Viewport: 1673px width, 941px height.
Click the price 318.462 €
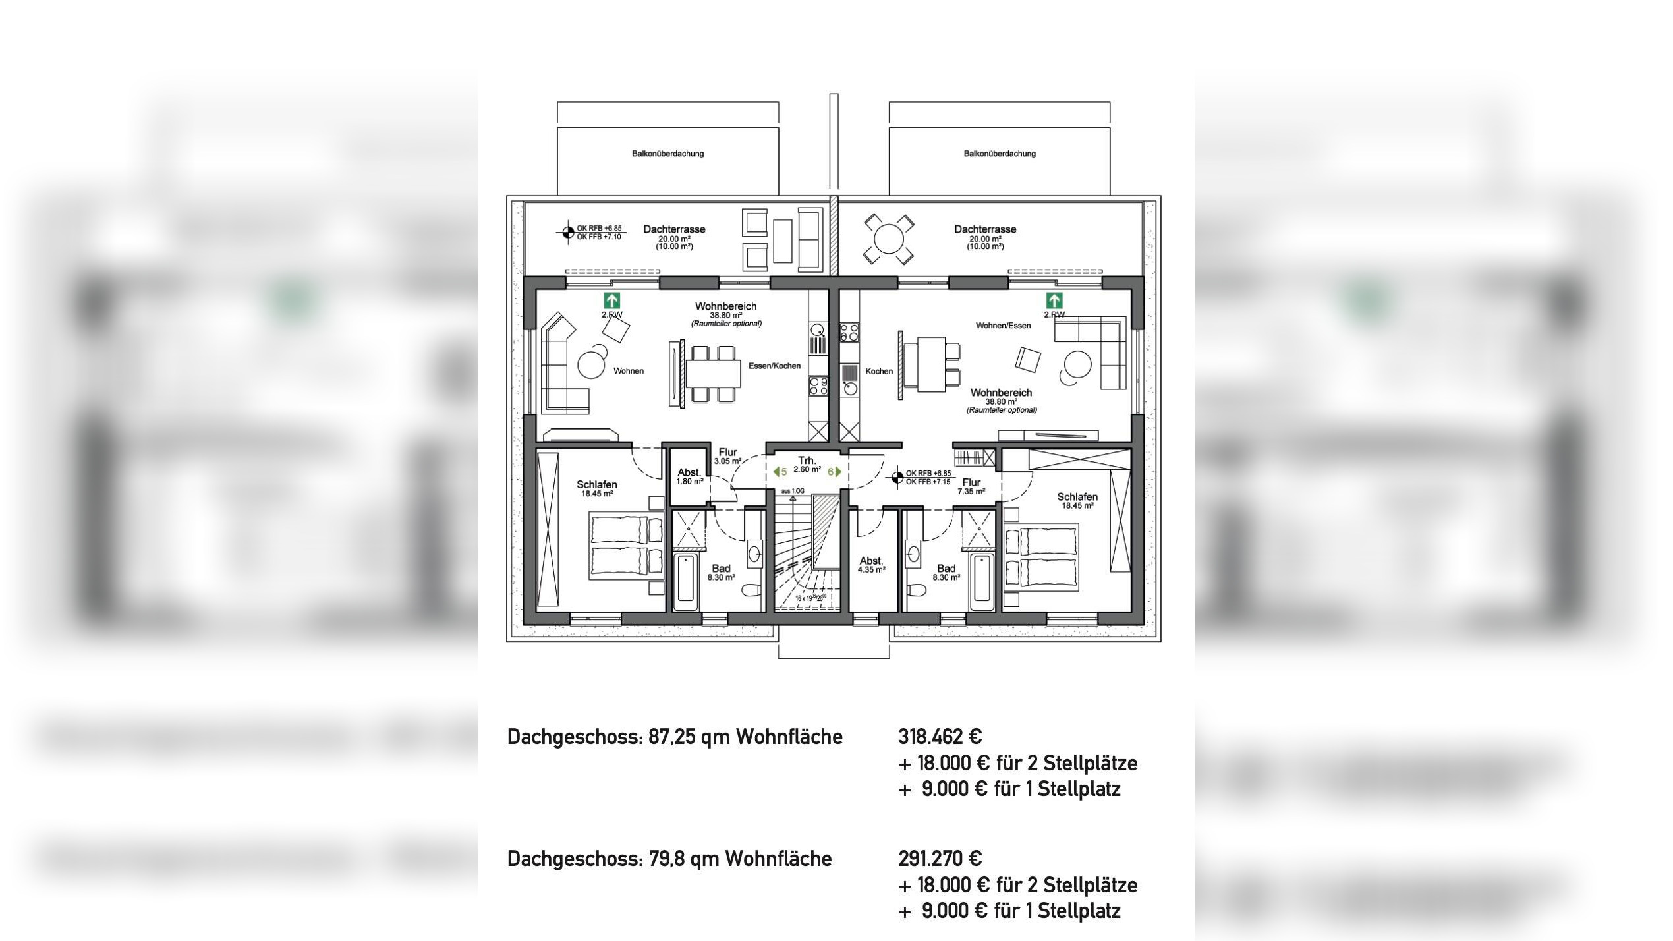tap(940, 737)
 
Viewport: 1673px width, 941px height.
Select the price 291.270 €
tap(940, 859)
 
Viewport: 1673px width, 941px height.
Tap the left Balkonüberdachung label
tap(667, 154)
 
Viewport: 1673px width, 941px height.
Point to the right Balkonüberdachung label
tap(999, 154)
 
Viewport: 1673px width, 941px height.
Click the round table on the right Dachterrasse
tap(888, 239)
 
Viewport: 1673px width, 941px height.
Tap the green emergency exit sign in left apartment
tap(611, 300)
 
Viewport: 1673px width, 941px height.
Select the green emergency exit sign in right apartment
tap(1054, 300)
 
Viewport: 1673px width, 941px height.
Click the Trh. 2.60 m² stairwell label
tap(807, 465)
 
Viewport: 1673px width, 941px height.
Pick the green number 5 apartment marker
tap(780, 472)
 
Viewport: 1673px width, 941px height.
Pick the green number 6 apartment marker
tap(834, 472)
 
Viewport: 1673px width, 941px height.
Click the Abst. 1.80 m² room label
tap(689, 476)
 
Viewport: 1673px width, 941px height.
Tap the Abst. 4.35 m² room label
tap(871, 565)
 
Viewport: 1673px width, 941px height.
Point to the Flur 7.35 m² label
tap(971, 486)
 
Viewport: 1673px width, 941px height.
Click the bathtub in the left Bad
tap(685, 582)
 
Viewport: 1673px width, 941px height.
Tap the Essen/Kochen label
tap(774, 366)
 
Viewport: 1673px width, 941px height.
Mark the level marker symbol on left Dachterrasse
tap(567, 232)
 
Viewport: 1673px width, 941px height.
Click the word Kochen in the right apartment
tap(878, 371)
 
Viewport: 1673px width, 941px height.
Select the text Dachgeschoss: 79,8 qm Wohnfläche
tap(669, 859)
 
